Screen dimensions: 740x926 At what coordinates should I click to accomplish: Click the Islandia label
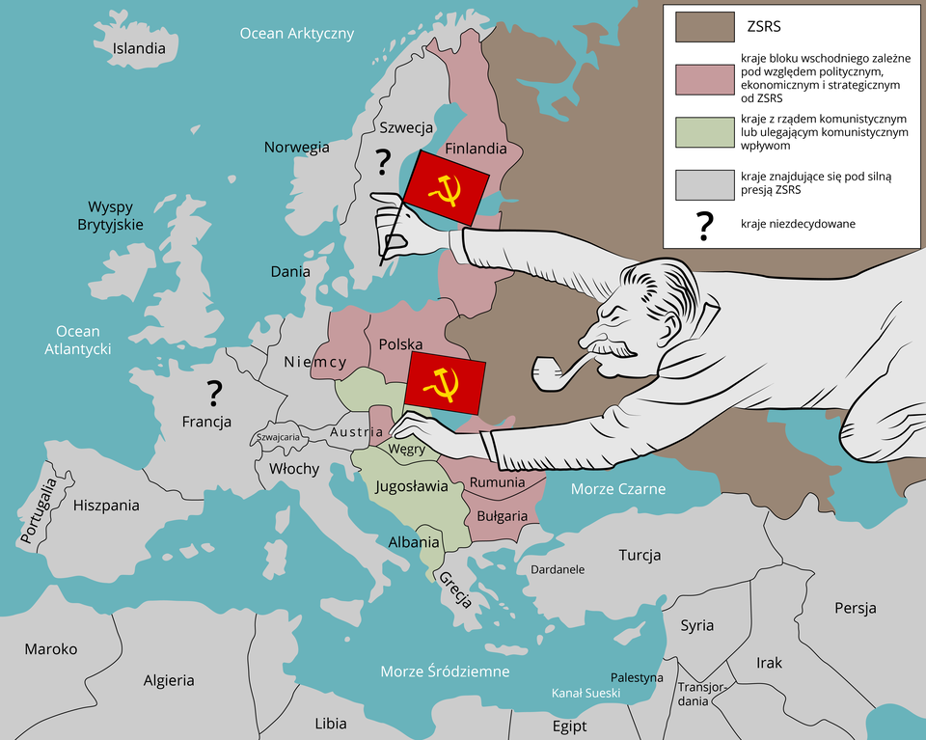pyautogui.click(x=139, y=48)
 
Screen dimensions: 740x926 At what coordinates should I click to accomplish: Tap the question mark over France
pyautogui.click(x=214, y=392)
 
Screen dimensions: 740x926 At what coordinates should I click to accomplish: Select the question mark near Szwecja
pyautogui.click(x=384, y=160)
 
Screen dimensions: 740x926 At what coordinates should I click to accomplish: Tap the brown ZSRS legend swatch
pyautogui.click(x=705, y=27)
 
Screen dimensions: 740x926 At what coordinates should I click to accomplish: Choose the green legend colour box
pyautogui.click(x=705, y=132)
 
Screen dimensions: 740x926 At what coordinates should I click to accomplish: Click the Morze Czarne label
pyautogui.click(x=617, y=489)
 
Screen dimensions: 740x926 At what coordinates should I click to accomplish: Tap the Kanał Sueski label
pyautogui.click(x=586, y=693)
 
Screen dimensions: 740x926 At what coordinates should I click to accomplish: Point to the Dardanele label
pyautogui.click(x=558, y=569)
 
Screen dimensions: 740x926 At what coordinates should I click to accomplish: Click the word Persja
pyautogui.click(x=856, y=608)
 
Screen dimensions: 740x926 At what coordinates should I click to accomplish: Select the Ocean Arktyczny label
pyautogui.click(x=296, y=34)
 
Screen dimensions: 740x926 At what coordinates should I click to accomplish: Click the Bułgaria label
pyautogui.click(x=502, y=516)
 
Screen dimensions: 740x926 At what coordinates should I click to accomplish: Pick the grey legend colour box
pyautogui.click(x=705, y=183)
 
